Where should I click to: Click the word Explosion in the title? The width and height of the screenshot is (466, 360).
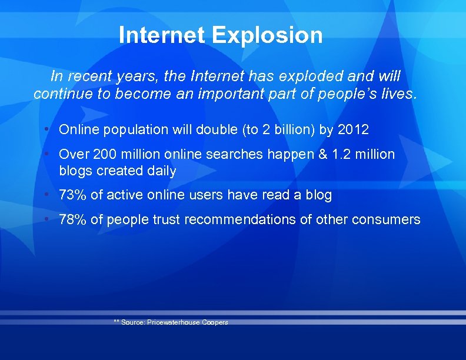click(267, 35)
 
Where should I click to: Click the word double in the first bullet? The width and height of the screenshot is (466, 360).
click(221, 129)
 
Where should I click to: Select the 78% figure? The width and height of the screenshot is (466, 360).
click(73, 219)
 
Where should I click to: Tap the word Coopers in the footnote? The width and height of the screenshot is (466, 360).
click(215, 322)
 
